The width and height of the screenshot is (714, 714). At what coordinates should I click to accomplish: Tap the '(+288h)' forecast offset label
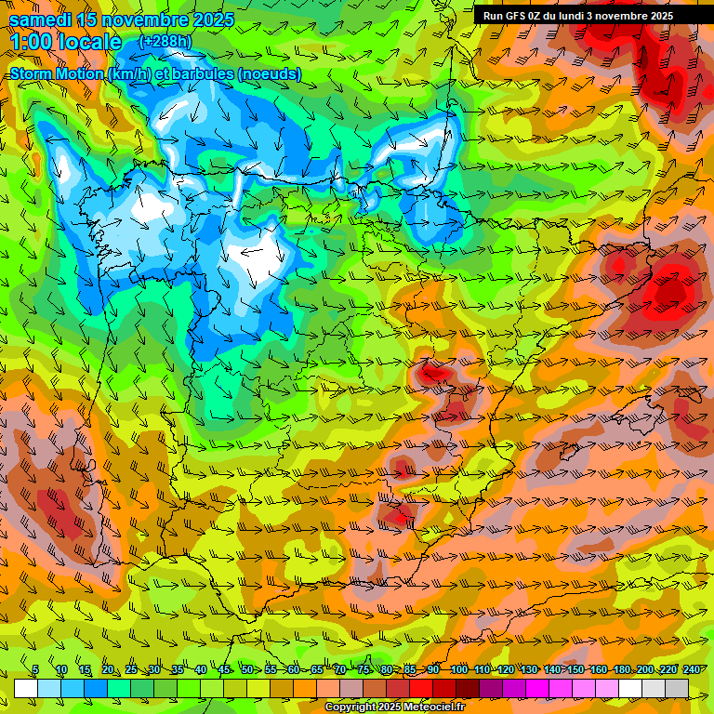coord(165,42)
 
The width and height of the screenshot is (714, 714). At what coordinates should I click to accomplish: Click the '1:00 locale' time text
coord(66,42)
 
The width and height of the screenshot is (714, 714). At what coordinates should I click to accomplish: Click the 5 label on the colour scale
coord(35,670)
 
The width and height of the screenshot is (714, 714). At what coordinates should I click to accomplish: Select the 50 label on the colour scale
coord(246,670)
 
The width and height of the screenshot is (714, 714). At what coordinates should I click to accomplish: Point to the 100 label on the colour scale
coord(457,670)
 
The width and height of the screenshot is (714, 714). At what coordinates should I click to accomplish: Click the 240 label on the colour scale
coord(692,670)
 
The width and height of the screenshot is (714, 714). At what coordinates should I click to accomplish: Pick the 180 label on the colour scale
coord(621,670)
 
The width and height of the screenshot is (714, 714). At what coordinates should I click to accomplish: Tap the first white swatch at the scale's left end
coord(26,688)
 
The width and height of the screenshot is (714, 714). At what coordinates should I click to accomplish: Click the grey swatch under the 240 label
coord(677,688)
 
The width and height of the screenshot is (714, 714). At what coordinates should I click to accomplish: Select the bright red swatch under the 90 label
coord(421,688)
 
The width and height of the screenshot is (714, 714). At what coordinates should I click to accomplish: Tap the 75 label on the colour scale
coord(364,670)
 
